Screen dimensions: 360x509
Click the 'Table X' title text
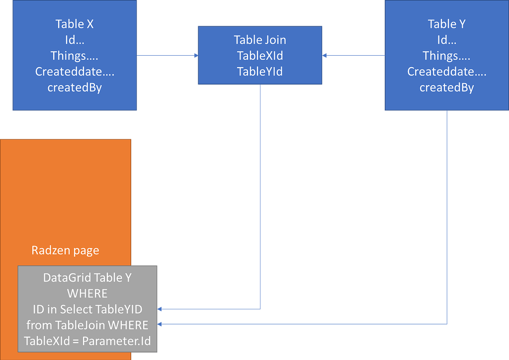(75, 24)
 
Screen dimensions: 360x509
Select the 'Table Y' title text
(446, 24)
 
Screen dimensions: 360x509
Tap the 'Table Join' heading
(260, 40)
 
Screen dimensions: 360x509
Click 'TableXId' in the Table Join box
(260, 56)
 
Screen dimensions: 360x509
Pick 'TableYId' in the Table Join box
(260, 72)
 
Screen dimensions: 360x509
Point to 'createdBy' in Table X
(75, 88)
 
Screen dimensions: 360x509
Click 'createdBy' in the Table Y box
(446, 88)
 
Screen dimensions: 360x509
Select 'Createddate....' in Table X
(75, 72)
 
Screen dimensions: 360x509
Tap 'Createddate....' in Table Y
(446, 72)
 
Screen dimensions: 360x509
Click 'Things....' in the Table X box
(75, 56)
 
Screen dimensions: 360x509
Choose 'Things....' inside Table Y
(446, 56)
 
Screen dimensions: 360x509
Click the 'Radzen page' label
(65, 250)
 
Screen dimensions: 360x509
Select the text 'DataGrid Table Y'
(87, 278)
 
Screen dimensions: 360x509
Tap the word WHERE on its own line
(87, 293)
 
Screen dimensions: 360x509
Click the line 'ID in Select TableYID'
(87, 309)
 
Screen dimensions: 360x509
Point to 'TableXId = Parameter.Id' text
(87, 342)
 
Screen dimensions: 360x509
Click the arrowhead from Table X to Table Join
(196, 56)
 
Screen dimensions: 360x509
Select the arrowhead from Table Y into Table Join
(325, 56)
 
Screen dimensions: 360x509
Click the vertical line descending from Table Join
(260, 199)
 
